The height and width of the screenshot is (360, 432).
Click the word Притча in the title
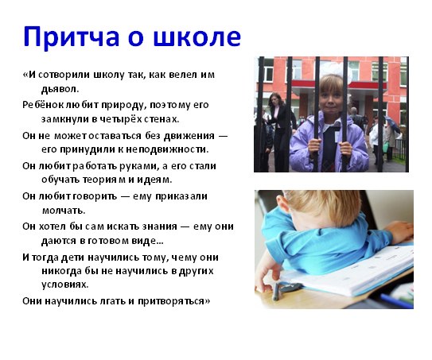tap(71, 37)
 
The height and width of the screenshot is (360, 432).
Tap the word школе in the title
tap(197, 37)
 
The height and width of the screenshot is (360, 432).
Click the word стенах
tap(162, 119)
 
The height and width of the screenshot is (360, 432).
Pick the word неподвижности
tap(167, 149)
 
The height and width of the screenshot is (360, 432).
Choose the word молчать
tap(64, 211)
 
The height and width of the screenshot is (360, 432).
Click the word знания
tap(160, 226)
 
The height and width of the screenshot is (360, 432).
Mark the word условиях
tap(65, 285)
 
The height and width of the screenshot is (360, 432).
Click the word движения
tap(189, 136)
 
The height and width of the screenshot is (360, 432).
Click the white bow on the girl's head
tap(335, 70)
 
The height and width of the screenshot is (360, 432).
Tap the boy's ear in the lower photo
tap(282, 203)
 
